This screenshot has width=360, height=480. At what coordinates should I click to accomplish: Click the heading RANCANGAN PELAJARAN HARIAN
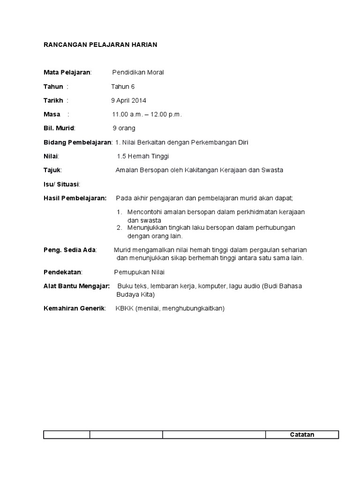(x=100, y=45)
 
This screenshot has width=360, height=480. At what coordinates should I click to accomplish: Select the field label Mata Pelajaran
(x=67, y=72)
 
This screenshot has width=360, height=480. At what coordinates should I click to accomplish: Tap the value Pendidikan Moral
(x=138, y=72)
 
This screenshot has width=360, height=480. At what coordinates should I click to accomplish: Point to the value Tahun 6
(x=123, y=86)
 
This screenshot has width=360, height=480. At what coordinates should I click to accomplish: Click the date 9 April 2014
(x=128, y=100)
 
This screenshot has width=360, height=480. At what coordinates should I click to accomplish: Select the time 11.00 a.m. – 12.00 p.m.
(x=147, y=114)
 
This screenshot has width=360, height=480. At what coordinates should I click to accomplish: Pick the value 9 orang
(x=124, y=128)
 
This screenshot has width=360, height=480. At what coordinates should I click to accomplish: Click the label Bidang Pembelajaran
(x=77, y=142)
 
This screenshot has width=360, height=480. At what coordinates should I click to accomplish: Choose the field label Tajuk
(x=52, y=170)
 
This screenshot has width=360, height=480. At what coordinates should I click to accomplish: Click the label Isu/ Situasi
(x=61, y=184)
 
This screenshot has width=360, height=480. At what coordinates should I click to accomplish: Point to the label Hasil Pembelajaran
(x=75, y=198)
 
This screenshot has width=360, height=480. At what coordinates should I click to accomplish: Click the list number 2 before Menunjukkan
(x=120, y=227)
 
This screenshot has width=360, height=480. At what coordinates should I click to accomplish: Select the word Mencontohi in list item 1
(x=144, y=212)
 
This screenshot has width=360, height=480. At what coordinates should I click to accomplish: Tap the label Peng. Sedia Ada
(x=69, y=250)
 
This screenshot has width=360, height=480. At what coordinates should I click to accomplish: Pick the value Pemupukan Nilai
(x=139, y=272)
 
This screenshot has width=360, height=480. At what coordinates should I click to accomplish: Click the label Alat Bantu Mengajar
(x=76, y=286)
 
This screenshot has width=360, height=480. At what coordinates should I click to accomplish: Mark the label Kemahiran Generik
(x=74, y=308)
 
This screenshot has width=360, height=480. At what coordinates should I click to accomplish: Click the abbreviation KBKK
(x=124, y=308)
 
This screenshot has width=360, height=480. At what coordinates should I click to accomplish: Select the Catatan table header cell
(x=302, y=435)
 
